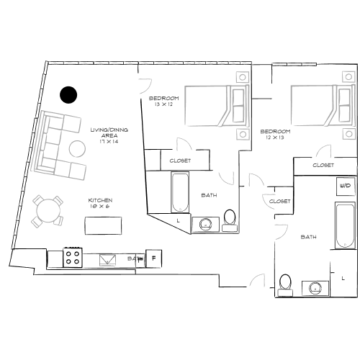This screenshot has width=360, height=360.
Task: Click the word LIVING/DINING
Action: (x=109, y=130)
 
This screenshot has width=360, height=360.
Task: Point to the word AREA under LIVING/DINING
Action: (x=109, y=135)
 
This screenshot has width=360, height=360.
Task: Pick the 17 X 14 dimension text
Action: (x=109, y=140)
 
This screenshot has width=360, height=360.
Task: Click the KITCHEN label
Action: (x=99, y=199)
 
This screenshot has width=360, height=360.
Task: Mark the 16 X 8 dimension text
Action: (x=99, y=205)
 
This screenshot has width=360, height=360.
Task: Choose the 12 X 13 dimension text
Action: (x=275, y=137)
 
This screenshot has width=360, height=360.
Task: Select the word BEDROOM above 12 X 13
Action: (x=275, y=131)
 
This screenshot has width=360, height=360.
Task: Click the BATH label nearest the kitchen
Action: (x=134, y=258)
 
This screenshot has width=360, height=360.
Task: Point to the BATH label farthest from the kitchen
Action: (x=308, y=237)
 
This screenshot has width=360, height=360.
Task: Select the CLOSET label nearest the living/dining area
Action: (x=180, y=161)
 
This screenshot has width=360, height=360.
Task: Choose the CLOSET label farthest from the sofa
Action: (x=323, y=165)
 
